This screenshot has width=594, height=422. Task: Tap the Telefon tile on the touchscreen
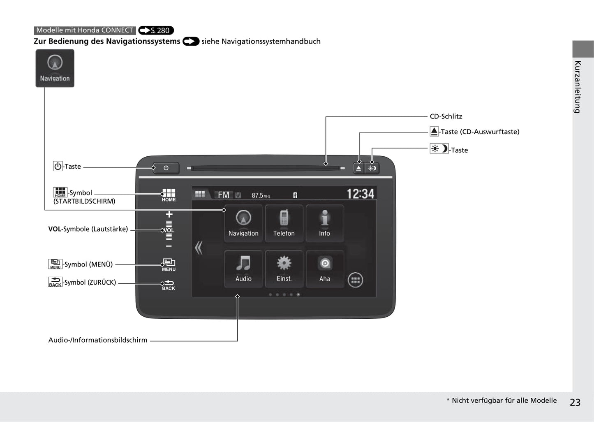pyautogui.click(x=284, y=223)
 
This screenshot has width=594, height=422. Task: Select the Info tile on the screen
pyautogui.click(x=325, y=223)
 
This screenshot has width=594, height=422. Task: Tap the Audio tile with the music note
pyautogui.click(x=243, y=269)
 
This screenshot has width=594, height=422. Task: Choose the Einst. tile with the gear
pyautogui.click(x=284, y=269)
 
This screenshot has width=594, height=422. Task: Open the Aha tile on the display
pyautogui.click(x=325, y=269)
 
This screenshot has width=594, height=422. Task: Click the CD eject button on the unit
pyautogui.click(x=358, y=168)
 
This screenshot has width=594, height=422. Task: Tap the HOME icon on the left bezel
pyautogui.click(x=169, y=195)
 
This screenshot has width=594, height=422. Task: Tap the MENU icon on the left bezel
pyautogui.click(x=169, y=265)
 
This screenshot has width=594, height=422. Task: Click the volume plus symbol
pyautogui.click(x=169, y=214)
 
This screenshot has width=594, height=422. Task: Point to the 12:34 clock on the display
pyautogui.click(x=361, y=194)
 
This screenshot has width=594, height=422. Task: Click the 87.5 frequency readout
pyautogui.click(x=261, y=196)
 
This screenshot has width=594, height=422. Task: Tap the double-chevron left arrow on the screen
pyautogui.click(x=199, y=248)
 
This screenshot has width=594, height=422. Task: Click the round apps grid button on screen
pyautogui.click(x=355, y=280)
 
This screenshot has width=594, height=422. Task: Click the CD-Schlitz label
pyautogui.click(x=446, y=116)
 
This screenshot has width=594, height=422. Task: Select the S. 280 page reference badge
pyautogui.click(x=156, y=30)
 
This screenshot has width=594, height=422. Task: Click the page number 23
pyautogui.click(x=575, y=402)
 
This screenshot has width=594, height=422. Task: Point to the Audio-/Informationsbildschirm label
pyautogui.click(x=97, y=340)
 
